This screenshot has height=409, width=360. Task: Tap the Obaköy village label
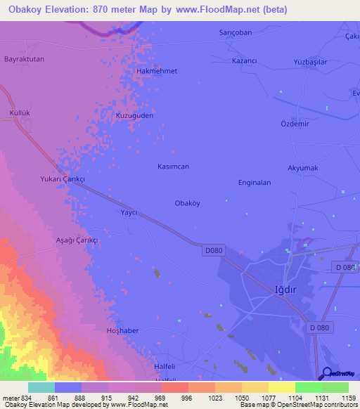click(187, 203)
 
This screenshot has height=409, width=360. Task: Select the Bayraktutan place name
click(24, 59)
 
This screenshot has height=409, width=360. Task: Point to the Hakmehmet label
click(155, 72)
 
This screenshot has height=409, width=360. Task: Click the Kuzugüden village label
click(134, 115)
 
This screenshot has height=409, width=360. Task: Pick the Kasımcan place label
click(172, 167)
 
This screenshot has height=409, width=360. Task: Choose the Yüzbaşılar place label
click(310, 63)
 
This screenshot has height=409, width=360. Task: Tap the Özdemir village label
click(295, 124)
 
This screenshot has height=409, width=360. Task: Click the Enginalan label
click(255, 182)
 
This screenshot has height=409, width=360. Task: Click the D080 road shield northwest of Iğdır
click(214, 250)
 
